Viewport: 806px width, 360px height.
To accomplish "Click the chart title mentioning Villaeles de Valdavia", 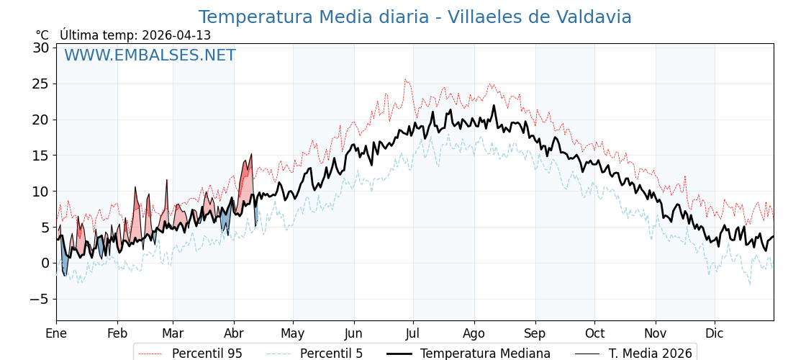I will point(415,17).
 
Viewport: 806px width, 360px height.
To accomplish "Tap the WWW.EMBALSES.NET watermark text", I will point(150,55).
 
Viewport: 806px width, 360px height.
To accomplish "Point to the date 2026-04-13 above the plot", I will point(176,35).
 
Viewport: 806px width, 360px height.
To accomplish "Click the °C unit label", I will point(42,35).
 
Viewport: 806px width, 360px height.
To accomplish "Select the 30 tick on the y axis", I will point(40,48).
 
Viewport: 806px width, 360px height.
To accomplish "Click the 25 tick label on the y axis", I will point(40,84).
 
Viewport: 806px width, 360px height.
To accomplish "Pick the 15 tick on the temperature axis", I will point(40,156).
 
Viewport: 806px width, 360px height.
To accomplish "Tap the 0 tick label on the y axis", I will point(45,263).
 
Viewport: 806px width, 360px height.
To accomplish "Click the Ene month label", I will point(56,333).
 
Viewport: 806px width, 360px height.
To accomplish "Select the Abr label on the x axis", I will point(234,333).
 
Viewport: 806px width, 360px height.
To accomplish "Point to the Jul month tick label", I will point(413,333).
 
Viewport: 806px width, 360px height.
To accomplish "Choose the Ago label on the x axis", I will point(474,333).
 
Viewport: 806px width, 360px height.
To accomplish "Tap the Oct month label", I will point(594,333).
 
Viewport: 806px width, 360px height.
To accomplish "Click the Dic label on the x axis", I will point(715,333).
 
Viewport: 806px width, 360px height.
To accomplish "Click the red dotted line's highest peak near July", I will point(405,80).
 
